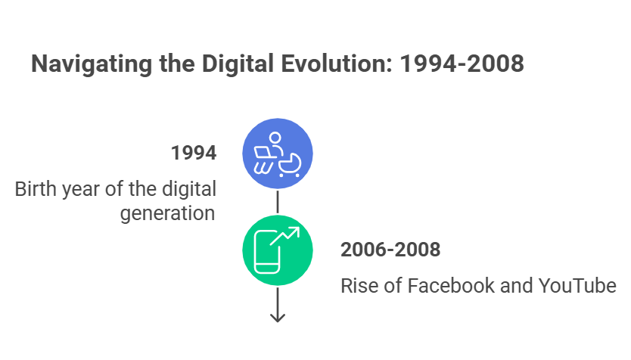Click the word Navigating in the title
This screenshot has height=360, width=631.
pos(92,64)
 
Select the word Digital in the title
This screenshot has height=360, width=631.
pos(238,64)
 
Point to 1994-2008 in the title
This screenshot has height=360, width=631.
pos(462,64)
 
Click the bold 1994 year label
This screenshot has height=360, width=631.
pos(194,153)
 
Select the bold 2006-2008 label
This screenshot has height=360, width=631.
pos(390,250)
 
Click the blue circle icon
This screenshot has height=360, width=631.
pos(278,154)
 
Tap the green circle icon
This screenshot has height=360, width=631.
pos(278,250)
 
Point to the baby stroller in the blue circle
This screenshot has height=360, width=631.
pos(290,165)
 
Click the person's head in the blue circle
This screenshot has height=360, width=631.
pos(275,138)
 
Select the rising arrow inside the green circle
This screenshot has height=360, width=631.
pos(284,236)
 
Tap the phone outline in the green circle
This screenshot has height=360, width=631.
pos(267,253)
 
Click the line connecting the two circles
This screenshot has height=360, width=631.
pos(278,202)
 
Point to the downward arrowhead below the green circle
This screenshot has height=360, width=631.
pos(278,318)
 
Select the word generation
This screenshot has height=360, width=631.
pos(167,214)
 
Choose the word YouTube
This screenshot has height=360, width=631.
pos(577,286)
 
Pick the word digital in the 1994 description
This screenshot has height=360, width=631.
pos(189,189)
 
